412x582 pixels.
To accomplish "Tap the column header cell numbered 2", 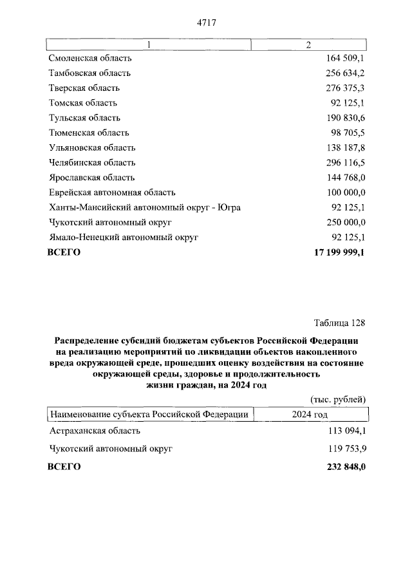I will point(308,44).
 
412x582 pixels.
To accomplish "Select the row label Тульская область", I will point(84,118).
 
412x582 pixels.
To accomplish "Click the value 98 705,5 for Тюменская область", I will point(344,133).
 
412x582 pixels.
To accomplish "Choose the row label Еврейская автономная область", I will point(112,192).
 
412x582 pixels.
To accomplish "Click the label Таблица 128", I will point(340,322).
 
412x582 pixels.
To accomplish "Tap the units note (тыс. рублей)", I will point(338,399).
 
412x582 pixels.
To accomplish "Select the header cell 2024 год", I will point(310,415).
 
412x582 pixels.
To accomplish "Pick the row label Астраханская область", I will point(95,431).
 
